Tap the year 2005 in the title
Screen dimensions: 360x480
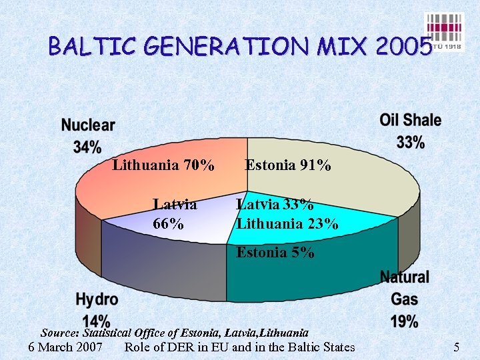tap(403, 47)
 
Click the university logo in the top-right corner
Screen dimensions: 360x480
tap(444, 33)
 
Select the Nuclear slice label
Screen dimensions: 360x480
tap(88, 125)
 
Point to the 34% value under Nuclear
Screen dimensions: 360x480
tap(87, 147)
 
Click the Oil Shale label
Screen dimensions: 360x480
tap(411, 121)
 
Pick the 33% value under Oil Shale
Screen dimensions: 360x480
tap(411, 142)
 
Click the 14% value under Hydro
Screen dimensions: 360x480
tap(97, 321)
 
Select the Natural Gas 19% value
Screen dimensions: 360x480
tap(405, 322)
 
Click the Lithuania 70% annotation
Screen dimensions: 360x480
tap(163, 165)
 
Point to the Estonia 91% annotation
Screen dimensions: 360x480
tap(288, 165)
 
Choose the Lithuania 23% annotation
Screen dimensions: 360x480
tap(287, 224)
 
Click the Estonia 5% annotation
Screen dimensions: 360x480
tap(275, 253)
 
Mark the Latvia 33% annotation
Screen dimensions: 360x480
tap(275, 204)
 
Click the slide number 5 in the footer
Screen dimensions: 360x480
tap(457, 347)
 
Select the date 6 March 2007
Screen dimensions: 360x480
tap(66, 347)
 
